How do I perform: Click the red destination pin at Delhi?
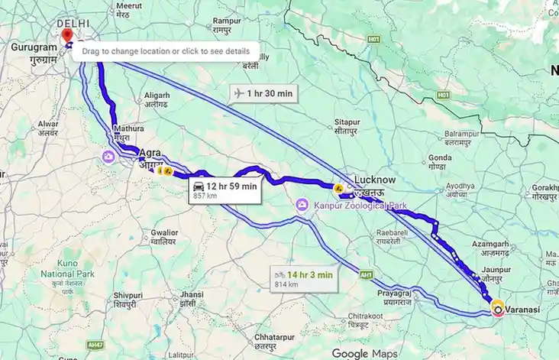click(x=66, y=34)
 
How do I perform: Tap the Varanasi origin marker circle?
click(x=498, y=309)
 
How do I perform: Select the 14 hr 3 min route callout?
click(x=303, y=278)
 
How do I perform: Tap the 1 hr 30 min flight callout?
click(x=263, y=93)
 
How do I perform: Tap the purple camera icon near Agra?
click(x=108, y=157)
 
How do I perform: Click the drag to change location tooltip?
click(x=166, y=50)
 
